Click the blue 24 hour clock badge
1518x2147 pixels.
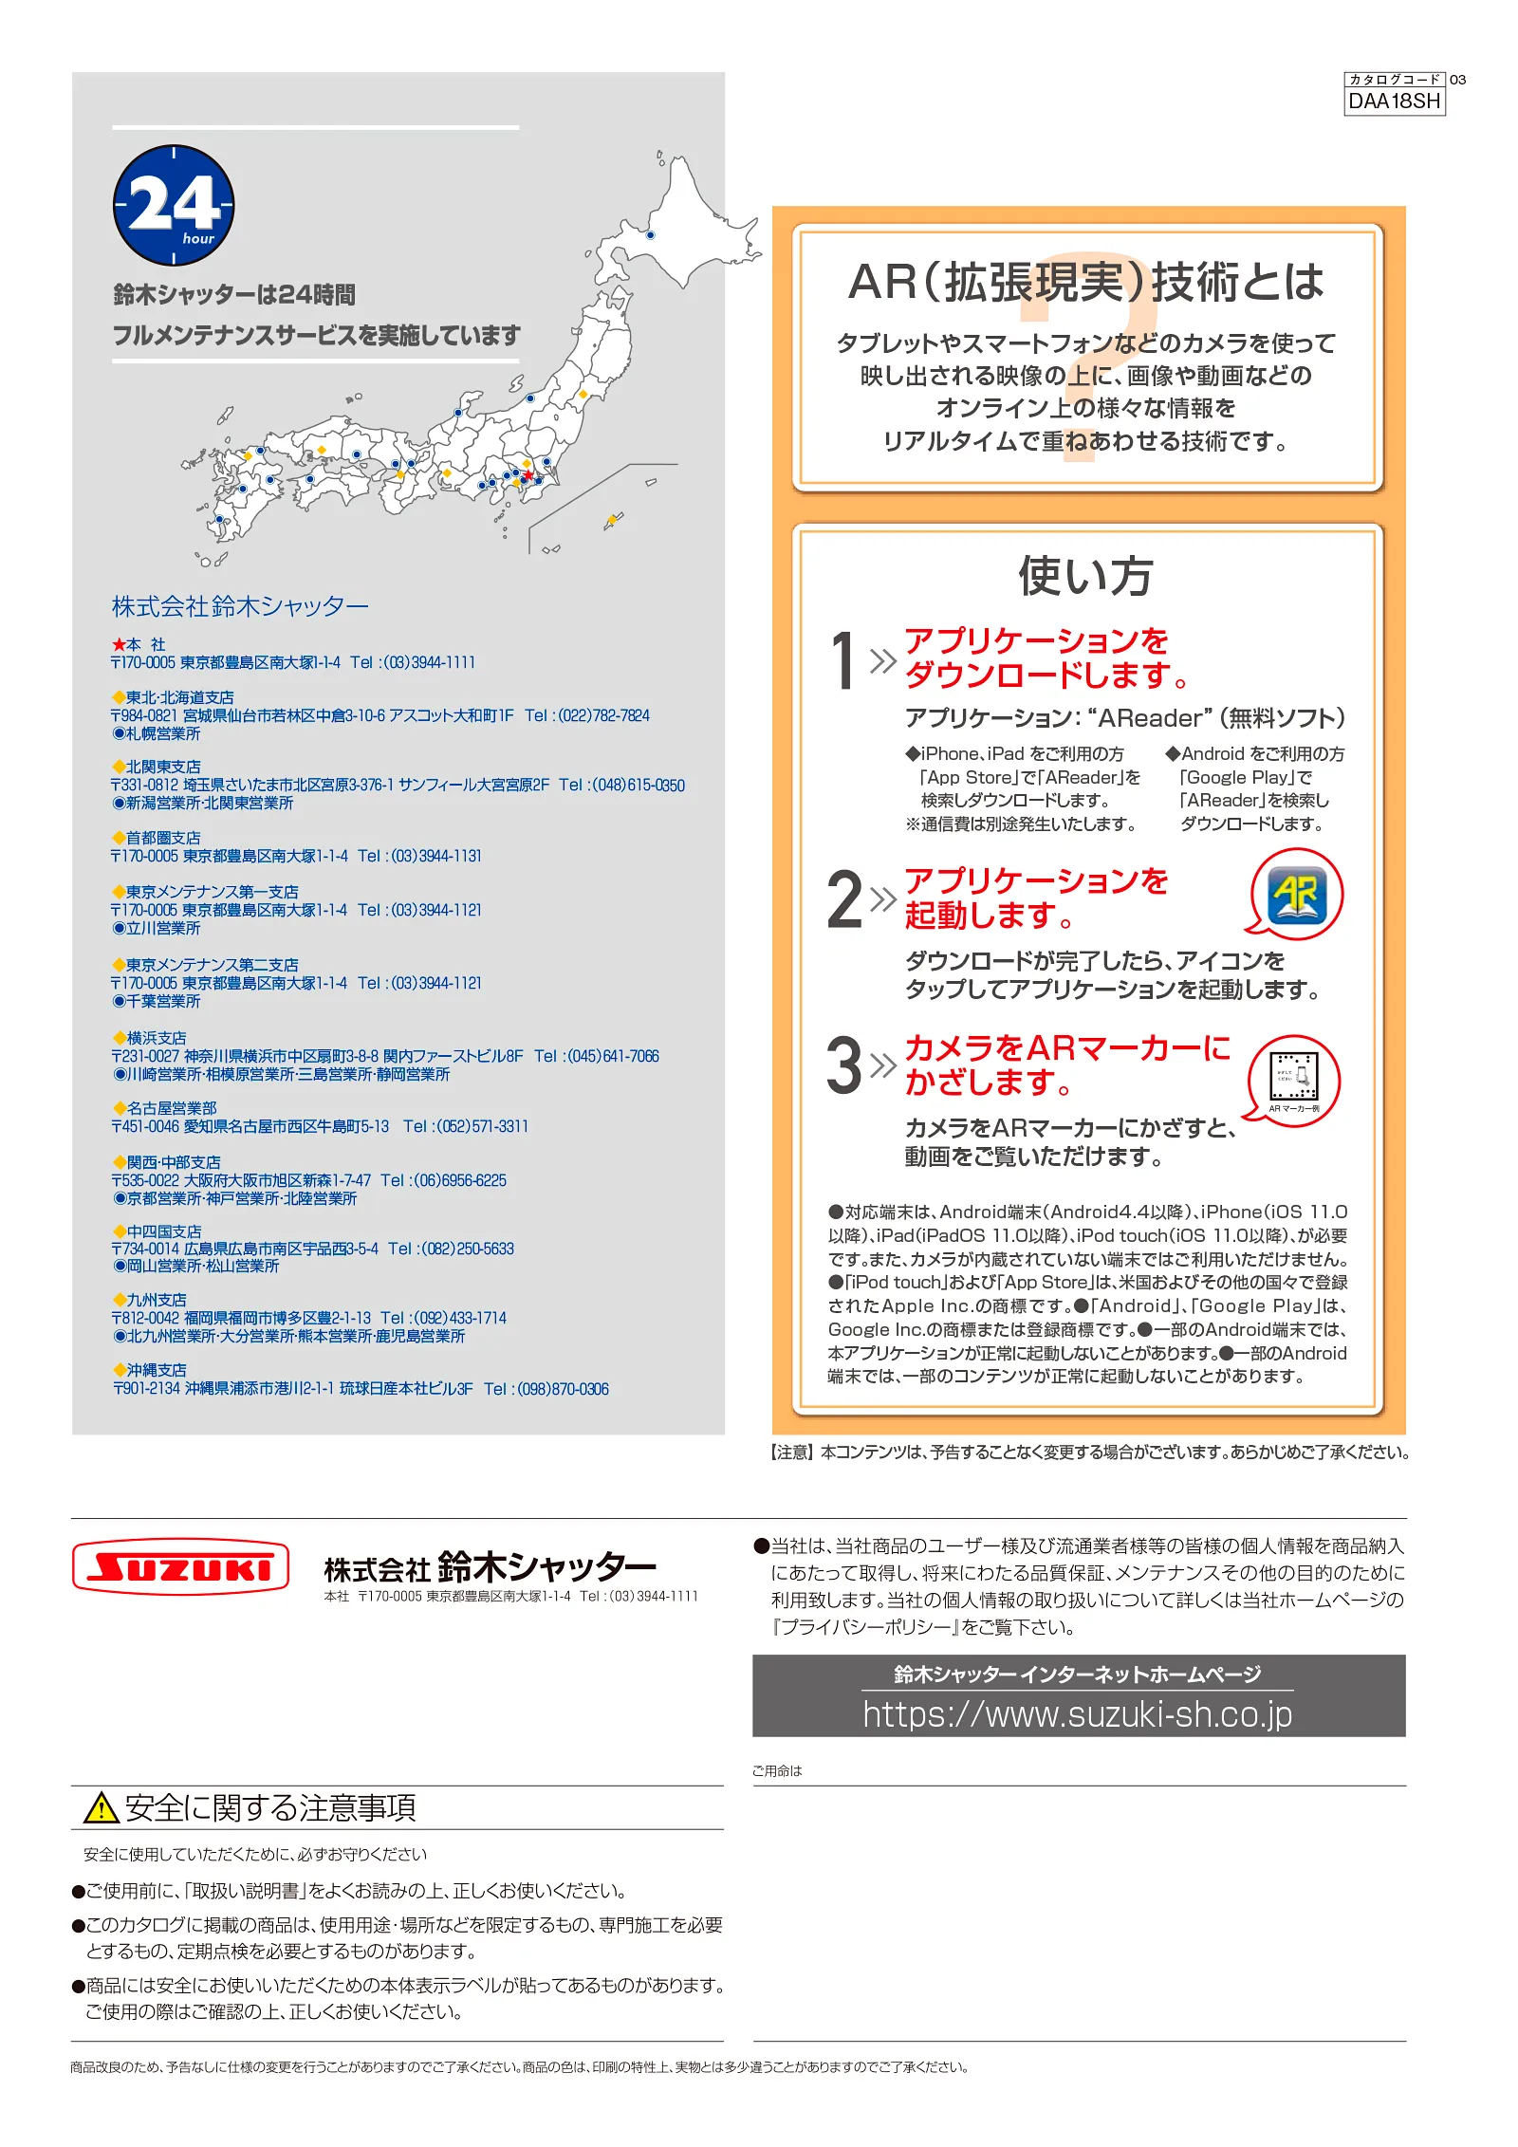[174, 205]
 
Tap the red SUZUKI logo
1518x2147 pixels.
[180, 1566]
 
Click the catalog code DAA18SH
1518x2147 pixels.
[1394, 101]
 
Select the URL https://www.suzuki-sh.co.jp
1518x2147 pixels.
[1077, 1714]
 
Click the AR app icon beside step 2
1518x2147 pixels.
[1298, 894]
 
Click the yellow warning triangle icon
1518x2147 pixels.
[101, 1808]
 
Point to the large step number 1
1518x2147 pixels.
[842, 660]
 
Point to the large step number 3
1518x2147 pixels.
[843, 1065]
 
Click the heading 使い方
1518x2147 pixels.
[1085, 576]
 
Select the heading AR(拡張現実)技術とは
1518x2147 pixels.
[1085, 282]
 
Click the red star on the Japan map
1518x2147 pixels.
[528, 474]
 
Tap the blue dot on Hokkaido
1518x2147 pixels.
[650, 234]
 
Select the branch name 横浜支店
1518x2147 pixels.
[157, 1037]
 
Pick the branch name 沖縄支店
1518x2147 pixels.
[157, 1369]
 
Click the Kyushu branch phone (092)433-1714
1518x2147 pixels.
[443, 1318]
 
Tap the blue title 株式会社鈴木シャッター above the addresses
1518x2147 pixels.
[240, 606]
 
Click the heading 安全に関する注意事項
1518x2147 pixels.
[270, 1808]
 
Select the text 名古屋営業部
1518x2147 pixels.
[172, 1107]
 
